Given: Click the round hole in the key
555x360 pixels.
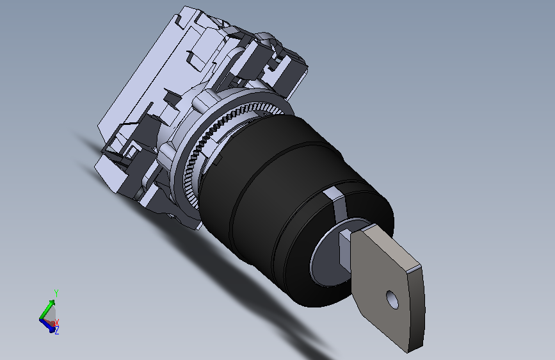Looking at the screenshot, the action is pos(392,299).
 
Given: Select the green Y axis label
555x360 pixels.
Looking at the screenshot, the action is pos(56,293).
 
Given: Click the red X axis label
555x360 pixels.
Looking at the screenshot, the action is pos(56,322).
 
